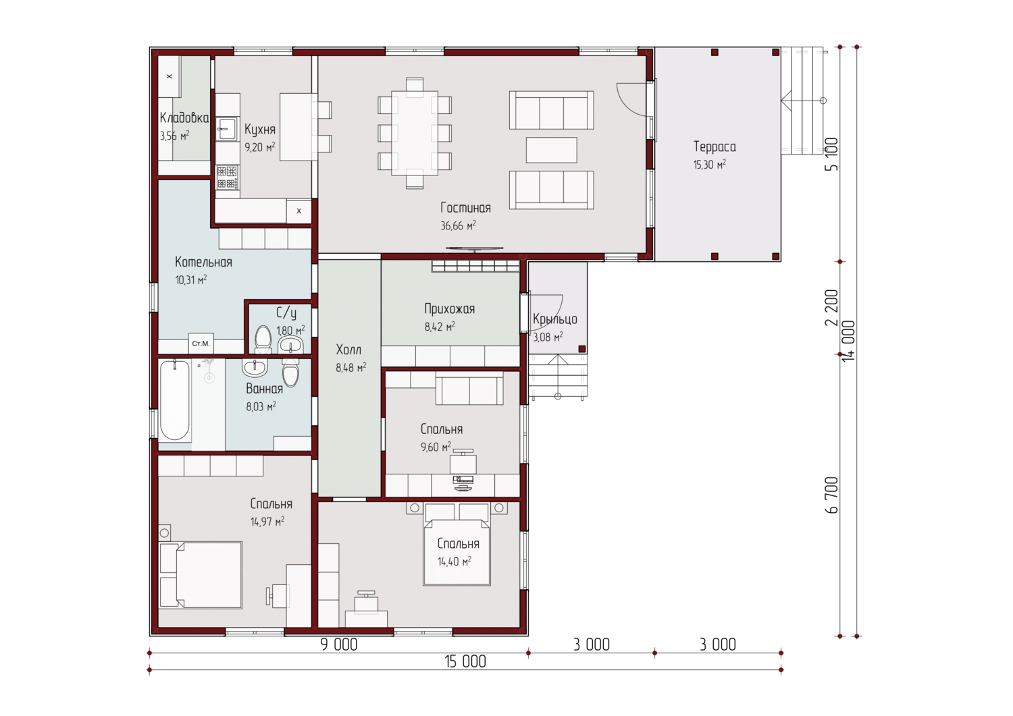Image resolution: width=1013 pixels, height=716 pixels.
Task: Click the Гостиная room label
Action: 465,208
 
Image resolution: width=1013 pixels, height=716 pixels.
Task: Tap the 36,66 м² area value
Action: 458,225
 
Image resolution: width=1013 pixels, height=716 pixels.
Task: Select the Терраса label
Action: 715,147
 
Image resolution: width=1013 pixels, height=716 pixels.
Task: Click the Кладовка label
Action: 184,118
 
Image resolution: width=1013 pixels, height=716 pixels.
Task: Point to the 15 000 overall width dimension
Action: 465,662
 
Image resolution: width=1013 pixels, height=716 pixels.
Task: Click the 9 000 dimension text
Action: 339,644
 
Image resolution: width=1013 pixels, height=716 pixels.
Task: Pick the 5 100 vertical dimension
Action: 831,154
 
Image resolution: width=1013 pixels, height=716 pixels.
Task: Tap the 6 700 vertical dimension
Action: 831,495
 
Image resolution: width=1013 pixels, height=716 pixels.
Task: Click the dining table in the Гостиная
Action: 415,133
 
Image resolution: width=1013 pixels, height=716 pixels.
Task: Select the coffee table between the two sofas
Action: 551,150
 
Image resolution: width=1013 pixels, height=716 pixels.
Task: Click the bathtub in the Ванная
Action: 174,400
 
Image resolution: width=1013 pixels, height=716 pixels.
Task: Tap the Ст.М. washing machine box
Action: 201,343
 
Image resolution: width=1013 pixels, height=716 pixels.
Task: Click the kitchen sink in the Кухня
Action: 226,130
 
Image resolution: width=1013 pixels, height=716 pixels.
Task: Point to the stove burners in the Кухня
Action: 227,177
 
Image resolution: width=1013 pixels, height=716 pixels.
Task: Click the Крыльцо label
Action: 555,320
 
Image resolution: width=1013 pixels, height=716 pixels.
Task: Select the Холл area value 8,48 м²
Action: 351,368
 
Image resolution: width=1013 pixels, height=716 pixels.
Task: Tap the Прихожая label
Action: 450,309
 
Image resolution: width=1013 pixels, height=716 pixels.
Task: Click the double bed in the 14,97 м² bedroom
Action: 201,575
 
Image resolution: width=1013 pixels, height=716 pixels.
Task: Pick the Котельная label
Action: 203,262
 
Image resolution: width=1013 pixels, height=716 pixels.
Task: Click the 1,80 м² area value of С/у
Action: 291,331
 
